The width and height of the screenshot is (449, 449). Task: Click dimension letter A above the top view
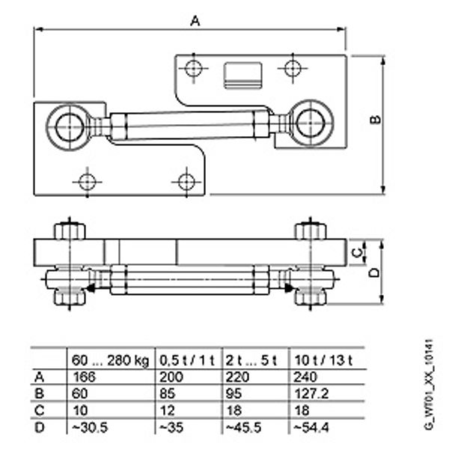point(195,22)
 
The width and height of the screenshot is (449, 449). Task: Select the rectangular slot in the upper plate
point(242,74)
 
